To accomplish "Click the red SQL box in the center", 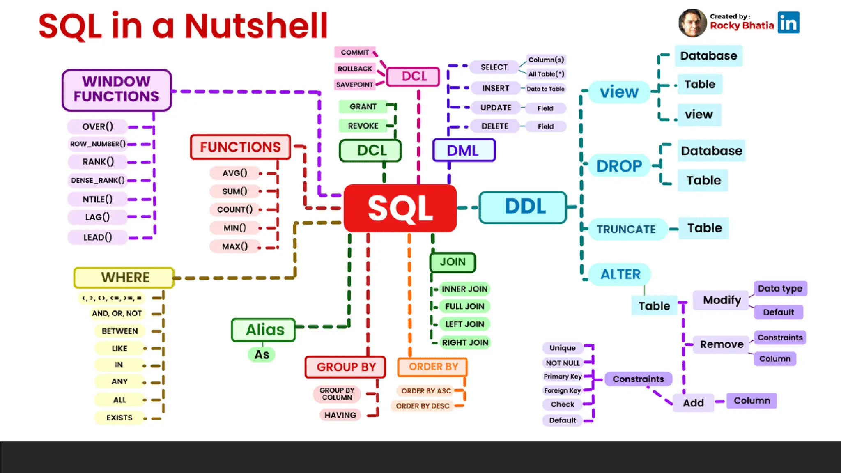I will (x=400, y=208).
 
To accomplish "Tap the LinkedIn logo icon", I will (x=788, y=23).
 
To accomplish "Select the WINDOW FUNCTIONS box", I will (x=117, y=90).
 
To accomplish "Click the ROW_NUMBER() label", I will (x=98, y=144).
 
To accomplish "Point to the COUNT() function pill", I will (x=235, y=209).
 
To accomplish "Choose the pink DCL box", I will (x=414, y=76).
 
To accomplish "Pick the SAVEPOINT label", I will (x=354, y=85).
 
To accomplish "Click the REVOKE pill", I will (x=363, y=126).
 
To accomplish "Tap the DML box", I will (x=463, y=150).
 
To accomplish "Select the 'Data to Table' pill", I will (x=545, y=89).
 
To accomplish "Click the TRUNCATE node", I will (x=626, y=229).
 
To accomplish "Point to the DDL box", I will (x=524, y=207).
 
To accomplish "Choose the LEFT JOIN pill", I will (x=464, y=324).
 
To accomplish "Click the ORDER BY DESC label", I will (x=422, y=406).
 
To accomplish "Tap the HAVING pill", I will (x=340, y=415).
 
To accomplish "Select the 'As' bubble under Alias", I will (x=262, y=354).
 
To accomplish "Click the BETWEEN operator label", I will (x=119, y=331).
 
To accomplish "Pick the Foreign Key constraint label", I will (x=562, y=390).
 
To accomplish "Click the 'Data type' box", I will (x=780, y=288).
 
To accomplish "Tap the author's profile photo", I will (x=692, y=23).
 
